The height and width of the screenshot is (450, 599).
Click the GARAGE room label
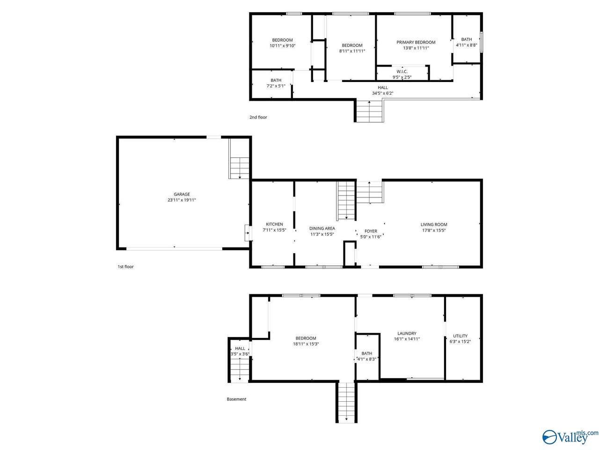182,194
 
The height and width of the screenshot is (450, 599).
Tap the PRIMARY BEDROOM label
416,42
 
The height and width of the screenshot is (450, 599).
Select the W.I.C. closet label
402,72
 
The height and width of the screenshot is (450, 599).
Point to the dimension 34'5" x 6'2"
383,93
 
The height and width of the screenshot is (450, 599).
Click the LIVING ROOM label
434,225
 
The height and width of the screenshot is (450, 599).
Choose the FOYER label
371,231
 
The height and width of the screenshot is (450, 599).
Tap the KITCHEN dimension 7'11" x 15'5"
274,230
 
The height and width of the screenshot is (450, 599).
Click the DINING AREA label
322,228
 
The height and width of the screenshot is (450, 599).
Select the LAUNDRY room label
407,333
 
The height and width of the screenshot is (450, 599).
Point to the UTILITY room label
460,336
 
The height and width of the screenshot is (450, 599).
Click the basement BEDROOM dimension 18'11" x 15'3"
306,344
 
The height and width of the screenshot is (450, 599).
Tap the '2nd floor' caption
258,117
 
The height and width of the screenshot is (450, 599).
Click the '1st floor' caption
125,267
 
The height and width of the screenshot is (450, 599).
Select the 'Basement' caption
236,399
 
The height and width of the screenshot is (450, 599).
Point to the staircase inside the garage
240,168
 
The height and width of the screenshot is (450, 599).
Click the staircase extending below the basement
346,402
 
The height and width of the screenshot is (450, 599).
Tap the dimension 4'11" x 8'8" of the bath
467,45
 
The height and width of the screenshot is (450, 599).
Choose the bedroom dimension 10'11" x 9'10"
283,45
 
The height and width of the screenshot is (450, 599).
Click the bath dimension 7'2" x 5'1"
276,86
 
